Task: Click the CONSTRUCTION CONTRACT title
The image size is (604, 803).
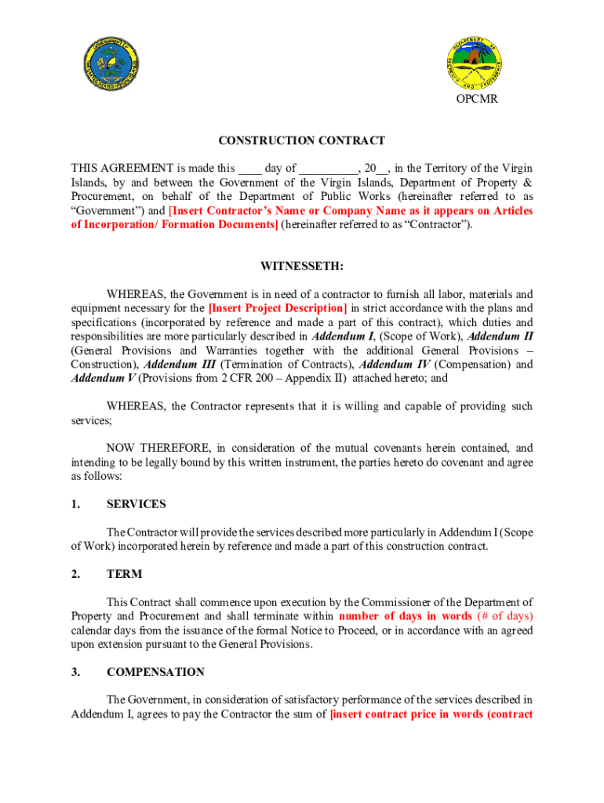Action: click(301, 141)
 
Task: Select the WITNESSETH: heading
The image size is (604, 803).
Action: click(301, 266)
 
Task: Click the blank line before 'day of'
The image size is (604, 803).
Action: click(249, 168)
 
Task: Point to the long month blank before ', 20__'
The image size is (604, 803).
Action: click(328, 168)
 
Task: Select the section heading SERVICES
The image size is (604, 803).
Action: click(136, 504)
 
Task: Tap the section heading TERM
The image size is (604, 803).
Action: click(124, 574)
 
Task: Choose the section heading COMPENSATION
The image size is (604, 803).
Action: click(155, 672)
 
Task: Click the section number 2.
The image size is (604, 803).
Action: click(75, 574)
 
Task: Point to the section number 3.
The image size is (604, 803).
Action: click(75, 672)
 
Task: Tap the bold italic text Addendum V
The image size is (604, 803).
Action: click(97, 379)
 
